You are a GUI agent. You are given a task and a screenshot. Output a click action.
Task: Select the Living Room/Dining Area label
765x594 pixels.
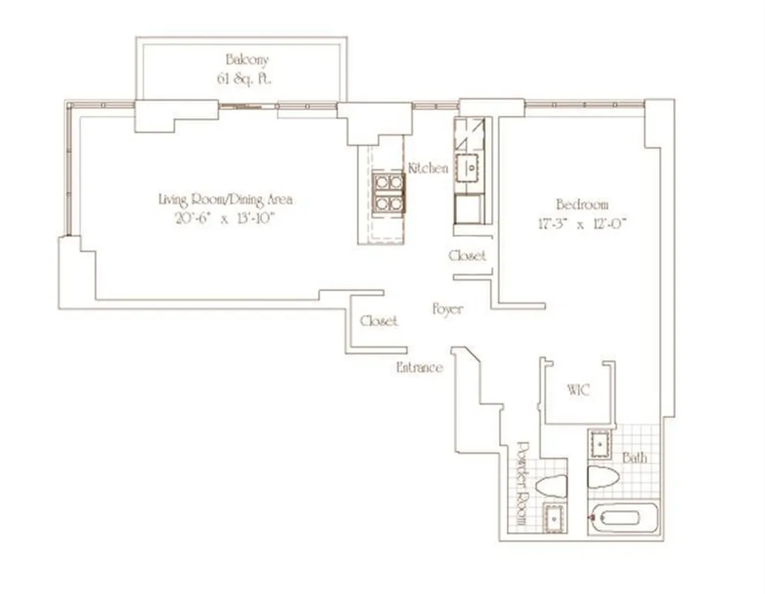pos(226,199)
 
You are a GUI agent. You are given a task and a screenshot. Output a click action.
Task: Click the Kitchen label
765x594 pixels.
pos(428,169)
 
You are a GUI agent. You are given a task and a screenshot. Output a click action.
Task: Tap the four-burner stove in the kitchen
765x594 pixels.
pos(388,192)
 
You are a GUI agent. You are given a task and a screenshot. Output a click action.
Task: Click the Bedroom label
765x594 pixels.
pos(582,204)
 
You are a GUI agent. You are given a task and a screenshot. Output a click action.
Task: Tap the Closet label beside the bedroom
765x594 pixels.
pos(468,255)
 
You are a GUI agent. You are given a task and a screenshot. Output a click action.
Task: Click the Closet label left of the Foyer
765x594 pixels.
pos(378,321)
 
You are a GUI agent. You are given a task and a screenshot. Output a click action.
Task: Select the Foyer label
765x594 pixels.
pos(447,309)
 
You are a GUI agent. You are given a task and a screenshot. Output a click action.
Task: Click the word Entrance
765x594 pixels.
pos(420,368)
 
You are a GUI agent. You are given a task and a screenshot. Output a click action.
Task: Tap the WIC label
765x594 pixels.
pos(578,390)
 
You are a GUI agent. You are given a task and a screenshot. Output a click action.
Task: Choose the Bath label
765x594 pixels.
pos(634,457)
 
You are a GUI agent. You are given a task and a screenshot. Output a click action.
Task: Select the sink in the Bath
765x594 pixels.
pos(600,444)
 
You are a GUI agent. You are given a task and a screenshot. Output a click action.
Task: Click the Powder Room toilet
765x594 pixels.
pos(551,487)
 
